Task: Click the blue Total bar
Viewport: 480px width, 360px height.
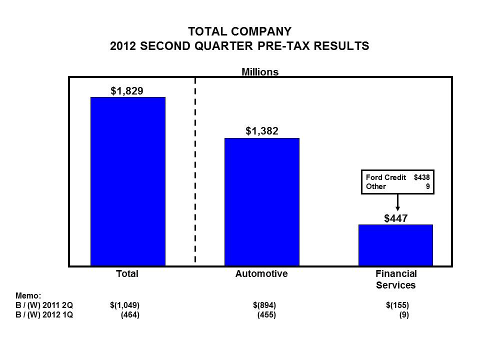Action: (x=127, y=181)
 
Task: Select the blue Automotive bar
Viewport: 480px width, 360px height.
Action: (x=261, y=201)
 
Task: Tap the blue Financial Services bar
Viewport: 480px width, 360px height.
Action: (x=395, y=245)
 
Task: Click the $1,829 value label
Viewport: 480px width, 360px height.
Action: (x=127, y=90)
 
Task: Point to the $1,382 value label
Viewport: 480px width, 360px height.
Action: (x=261, y=131)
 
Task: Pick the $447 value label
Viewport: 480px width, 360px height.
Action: (x=396, y=218)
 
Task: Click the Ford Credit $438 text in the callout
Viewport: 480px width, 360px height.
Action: (x=397, y=177)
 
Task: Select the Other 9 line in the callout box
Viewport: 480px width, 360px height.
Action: (x=397, y=187)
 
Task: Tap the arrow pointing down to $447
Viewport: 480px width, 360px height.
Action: (x=398, y=202)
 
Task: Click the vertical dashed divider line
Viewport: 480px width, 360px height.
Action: (x=195, y=170)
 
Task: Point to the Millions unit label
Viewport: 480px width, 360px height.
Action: (x=260, y=72)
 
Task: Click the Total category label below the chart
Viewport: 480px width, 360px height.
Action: (x=127, y=274)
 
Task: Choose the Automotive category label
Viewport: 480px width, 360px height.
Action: (x=261, y=274)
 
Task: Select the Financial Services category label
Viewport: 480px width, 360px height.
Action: (x=396, y=279)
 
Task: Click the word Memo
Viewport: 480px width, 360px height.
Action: (x=28, y=295)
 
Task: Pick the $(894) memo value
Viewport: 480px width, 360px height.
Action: (x=264, y=305)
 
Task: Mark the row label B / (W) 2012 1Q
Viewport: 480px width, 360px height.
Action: (x=44, y=315)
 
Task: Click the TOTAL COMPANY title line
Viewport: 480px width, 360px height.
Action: (x=239, y=32)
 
